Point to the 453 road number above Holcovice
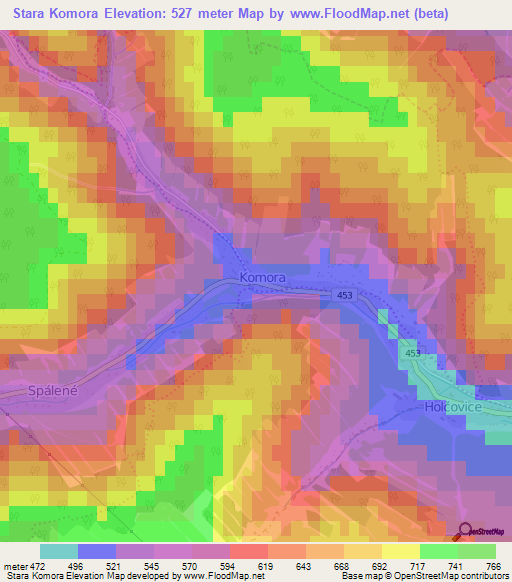[413, 354]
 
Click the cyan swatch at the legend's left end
[59, 551]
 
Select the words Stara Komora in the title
[54, 14]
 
